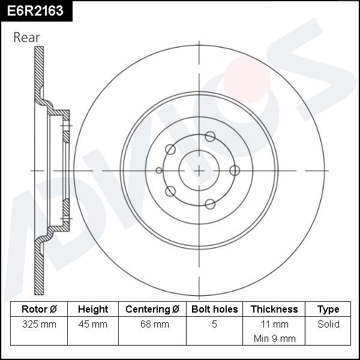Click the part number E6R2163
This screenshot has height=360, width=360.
pos(35,11)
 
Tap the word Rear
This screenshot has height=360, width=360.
pos(26,37)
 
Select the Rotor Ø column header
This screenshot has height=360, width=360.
pos(39,309)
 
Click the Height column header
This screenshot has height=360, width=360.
pos(93,309)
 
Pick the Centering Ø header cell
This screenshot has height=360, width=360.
pos(152,309)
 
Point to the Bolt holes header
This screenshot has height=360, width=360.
pos(214,309)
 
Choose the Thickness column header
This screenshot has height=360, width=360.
pos(274,309)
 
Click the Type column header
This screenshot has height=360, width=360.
pos(328,309)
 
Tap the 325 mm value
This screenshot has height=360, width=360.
pos(39,324)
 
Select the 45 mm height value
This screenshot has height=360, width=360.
pos(93,324)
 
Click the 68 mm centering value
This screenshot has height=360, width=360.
pos(152,324)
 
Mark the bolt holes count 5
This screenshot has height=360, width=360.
pos(214,324)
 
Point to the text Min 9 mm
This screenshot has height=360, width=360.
pos(274,338)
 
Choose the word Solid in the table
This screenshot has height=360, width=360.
pos(328,324)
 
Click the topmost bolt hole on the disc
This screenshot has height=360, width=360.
pos(210,136)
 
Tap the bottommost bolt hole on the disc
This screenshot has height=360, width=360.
pos(210,204)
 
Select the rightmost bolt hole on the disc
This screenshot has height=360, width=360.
pos(235,170)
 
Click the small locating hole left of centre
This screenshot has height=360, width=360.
pos(159,170)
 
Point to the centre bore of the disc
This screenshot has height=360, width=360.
pos(199,170)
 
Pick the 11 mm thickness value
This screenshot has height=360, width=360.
pos(274,324)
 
